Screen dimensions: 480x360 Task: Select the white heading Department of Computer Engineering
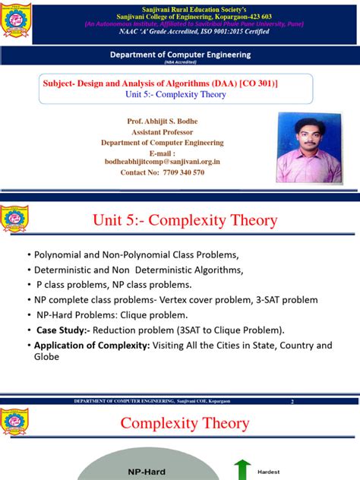coord(181,55)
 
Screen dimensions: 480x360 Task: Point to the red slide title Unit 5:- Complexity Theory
coord(185,221)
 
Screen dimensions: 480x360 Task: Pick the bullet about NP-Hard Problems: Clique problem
coord(106,315)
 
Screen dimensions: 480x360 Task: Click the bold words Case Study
coord(63,330)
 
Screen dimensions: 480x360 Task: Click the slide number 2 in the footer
coord(292,400)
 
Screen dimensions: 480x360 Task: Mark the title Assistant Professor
coord(162,131)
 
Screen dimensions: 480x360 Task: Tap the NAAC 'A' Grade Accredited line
coord(181,33)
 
